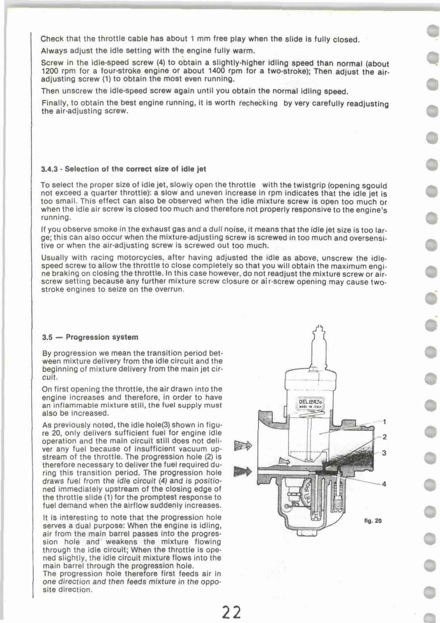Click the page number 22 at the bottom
point(232,612)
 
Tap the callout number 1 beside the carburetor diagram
point(384,421)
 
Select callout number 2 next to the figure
point(384,437)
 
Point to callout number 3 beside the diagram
point(384,453)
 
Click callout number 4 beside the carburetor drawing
point(384,484)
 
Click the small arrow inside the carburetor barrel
point(283,462)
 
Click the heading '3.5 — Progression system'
point(90,337)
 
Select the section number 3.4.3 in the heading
point(49,169)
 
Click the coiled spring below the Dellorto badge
point(312,415)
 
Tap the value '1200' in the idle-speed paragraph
point(50,71)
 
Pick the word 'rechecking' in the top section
point(258,103)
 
